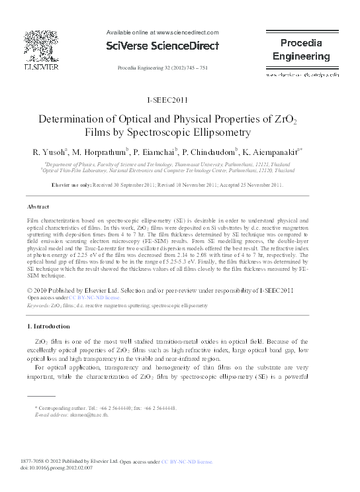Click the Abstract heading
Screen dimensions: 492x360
(39, 207)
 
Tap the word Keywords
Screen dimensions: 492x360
(38, 307)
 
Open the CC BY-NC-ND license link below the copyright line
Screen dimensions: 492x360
(85, 299)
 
